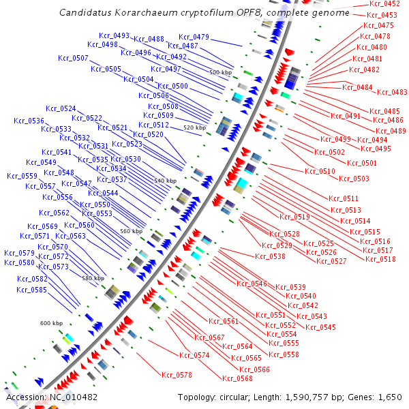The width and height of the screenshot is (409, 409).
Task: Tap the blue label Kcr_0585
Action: coord(32,290)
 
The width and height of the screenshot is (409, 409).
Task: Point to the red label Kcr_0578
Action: coord(177,375)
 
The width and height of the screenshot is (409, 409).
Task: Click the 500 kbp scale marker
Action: coord(221,72)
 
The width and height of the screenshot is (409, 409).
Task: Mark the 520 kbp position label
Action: coord(194,127)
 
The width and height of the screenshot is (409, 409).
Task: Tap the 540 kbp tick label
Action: coord(165,181)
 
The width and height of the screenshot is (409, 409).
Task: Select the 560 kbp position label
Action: coord(132,231)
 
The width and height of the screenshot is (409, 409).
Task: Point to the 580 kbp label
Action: coord(93,278)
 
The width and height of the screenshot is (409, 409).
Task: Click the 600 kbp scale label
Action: coord(51,323)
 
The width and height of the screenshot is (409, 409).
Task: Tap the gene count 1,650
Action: coord(389,397)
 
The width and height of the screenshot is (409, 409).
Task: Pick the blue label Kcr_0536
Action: coord(29,121)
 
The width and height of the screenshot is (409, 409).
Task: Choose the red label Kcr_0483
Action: coord(392,92)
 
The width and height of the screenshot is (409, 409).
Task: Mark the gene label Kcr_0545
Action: coord(321,327)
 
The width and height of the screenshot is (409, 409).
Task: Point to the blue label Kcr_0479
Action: coord(194,37)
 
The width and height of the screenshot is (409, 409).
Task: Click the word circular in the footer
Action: coord(238,397)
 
